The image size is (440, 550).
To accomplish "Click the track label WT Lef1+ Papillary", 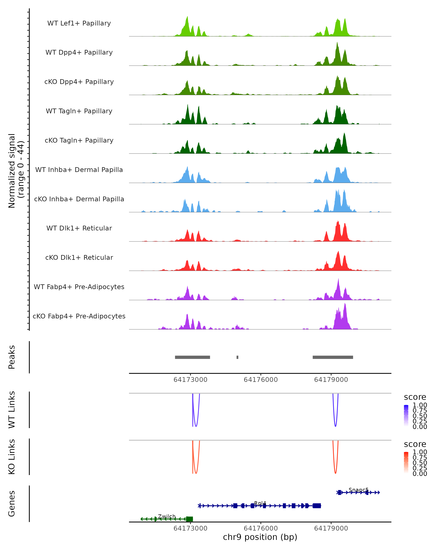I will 79,23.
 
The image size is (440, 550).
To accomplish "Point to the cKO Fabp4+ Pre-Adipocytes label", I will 79,316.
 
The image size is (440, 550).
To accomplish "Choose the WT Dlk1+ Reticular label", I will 79,228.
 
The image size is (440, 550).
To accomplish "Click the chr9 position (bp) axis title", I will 260,537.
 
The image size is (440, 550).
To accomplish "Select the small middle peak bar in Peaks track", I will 237,357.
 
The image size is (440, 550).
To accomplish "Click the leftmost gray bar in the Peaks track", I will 192,357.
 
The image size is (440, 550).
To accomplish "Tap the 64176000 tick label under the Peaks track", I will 261,380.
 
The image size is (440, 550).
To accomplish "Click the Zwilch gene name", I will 167,516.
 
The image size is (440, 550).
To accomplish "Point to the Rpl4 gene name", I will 260,503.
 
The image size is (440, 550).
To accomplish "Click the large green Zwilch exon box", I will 190,519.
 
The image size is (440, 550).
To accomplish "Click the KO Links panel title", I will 12,457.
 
